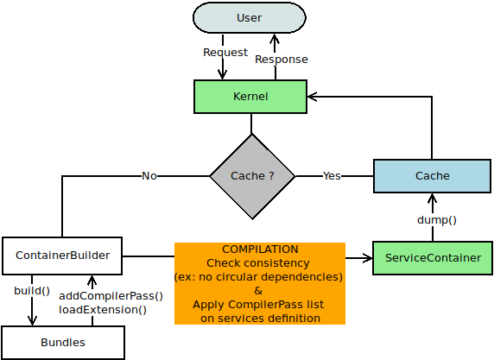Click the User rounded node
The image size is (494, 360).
[249, 18]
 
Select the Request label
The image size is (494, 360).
[225, 53]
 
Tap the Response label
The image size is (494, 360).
[281, 60]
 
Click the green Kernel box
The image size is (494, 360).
[250, 97]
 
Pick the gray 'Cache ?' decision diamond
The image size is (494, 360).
[252, 176]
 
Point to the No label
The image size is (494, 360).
[149, 176]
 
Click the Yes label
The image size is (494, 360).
[332, 176]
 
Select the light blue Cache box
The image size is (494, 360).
[432, 176]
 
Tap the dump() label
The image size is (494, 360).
[437, 220]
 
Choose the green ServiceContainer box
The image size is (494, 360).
[432, 258]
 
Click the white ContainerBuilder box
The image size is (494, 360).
[62, 256]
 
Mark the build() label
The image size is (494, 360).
[32, 290]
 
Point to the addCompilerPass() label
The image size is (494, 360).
[111, 296]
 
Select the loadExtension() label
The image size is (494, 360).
[102, 309]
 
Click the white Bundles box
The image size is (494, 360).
[63, 343]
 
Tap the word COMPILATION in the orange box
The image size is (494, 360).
[259, 249]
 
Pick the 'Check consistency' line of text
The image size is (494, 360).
[257, 262]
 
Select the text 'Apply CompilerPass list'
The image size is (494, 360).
[258, 305]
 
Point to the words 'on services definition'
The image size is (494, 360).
[260, 319]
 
